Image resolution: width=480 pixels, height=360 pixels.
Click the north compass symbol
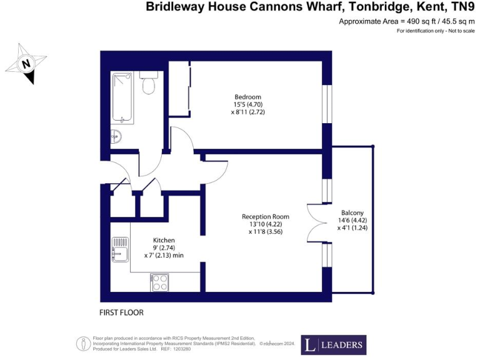point(26,63)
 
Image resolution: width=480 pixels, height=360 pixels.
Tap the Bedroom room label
point(247,97)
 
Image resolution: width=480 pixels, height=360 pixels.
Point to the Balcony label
point(352,212)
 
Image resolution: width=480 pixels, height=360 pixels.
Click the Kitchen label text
point(164,240)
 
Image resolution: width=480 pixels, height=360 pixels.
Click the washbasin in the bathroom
point(116,136)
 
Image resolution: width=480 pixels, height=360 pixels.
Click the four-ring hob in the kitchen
point(159,282)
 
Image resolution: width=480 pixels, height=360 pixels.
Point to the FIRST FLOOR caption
point(125,311)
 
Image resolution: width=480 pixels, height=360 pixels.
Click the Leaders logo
point(334,344)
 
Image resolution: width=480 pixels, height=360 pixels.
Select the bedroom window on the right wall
point(326,101)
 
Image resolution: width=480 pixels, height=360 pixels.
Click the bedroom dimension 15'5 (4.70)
point(247,105)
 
